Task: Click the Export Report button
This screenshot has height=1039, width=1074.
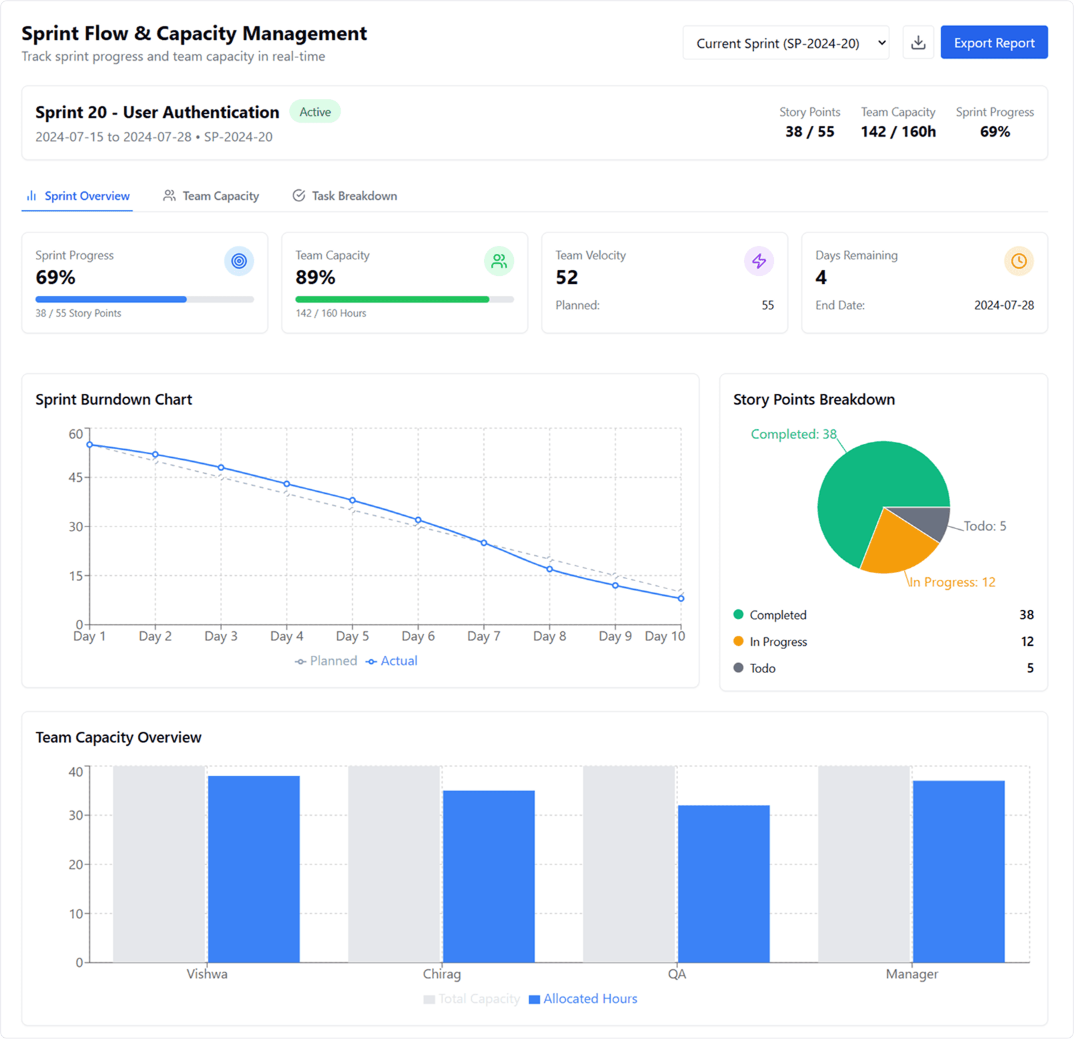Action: [x=993, y=43]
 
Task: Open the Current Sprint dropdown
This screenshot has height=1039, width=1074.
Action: [x=785, y=43]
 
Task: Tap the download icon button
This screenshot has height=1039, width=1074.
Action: [x=918, y=43]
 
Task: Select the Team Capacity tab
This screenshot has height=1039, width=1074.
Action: [x=211, y=196]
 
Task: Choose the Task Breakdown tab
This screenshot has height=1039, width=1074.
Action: [x=345, y=196]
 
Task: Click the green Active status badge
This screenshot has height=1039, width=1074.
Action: [x=315, y=112]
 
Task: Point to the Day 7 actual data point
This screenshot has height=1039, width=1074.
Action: [x=484, y=543]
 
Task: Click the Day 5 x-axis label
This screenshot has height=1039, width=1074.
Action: [x=352, y=636]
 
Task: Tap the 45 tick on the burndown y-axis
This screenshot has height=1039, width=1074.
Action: [x=75, y=477]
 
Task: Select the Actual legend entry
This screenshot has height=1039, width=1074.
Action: [x=392, y=661]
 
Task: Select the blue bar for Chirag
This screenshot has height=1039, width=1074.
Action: [x=489, y=876]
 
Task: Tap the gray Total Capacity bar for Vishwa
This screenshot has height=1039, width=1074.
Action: [x=159, y=864]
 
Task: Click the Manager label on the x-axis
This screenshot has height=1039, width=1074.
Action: [x=911, y=974]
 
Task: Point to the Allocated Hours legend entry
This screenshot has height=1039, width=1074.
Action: [x=583, y=999]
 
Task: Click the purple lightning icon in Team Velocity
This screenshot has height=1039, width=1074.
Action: [x=759, y=261]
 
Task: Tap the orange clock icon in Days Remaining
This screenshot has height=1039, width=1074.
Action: [x=1019, y=261]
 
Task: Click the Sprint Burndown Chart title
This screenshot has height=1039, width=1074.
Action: [x=113, y=400]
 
